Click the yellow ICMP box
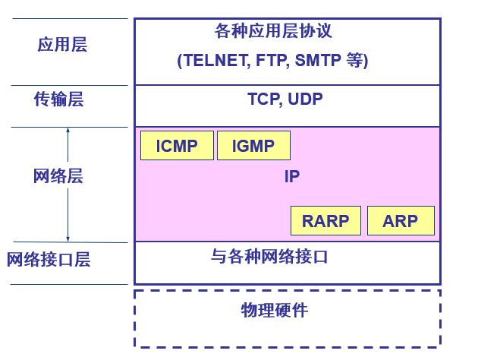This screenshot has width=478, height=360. click(177, 146)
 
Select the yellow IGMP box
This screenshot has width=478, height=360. click(253, 146)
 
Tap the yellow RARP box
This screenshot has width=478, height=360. click(325, 221)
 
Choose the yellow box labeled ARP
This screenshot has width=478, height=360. click(401, 221)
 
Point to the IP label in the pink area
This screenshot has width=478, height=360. click(292, 177)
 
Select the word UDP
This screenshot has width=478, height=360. click(305, 99)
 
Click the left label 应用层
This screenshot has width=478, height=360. click(62, 45)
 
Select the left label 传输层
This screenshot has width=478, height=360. click(58, 99)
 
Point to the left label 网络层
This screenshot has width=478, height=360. click(58, 177)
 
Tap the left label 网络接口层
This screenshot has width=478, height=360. click(49, 260)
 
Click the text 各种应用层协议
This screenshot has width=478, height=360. click(273, 31)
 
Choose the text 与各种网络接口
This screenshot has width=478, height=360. click(269, 257)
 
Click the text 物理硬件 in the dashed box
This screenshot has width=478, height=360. click(275, 310)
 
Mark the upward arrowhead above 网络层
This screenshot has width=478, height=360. click(68, 131)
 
